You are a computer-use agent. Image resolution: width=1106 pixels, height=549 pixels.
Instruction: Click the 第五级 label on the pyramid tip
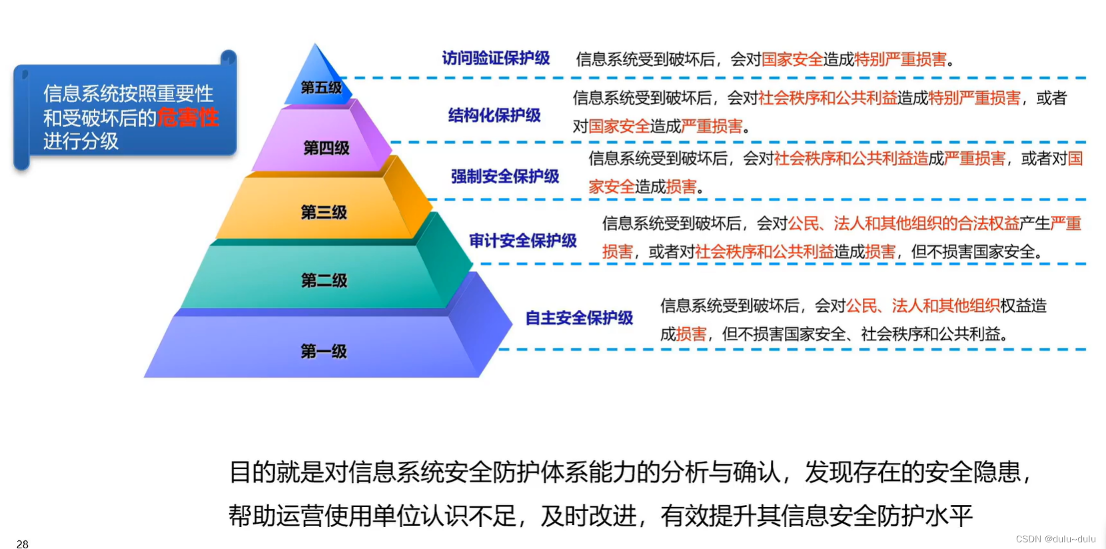(x=321, y=87)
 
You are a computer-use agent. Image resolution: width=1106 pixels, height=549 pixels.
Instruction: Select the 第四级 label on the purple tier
(x=326, y=148)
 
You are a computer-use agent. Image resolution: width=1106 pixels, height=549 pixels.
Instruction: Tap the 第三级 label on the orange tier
(x=324, y=213)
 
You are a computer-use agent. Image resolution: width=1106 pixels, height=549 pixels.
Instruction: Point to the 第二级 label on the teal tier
(x=324, y=280)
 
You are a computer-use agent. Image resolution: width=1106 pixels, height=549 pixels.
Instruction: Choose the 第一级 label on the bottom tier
(x=323, y=351)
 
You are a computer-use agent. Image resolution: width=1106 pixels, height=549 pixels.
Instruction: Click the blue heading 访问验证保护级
(x=496, y=59)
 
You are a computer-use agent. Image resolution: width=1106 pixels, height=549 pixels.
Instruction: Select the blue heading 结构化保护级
(x=494, y=116)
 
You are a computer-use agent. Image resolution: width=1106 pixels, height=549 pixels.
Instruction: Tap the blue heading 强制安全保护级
(x=504, y=177)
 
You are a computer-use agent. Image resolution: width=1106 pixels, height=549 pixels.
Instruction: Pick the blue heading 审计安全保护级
(x=522, y=241)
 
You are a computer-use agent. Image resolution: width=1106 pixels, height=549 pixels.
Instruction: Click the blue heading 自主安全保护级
(x=579, y=318)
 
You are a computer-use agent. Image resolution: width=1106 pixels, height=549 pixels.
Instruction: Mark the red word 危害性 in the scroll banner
(x=188, y=118)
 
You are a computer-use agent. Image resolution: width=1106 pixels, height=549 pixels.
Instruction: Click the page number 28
(x=23, y=544)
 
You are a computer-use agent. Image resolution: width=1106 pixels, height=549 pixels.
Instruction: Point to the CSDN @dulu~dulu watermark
(x=1055, y=539)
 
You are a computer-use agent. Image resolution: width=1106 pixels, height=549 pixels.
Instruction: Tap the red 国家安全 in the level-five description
(x=792, y=60)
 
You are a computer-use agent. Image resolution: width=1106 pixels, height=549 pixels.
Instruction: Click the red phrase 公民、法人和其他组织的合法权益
(x=903, y=224)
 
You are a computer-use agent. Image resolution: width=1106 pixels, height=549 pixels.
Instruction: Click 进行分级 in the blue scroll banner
(x=81, y=141)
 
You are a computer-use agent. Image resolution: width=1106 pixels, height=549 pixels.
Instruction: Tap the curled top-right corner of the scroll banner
(x=229, y=57)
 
